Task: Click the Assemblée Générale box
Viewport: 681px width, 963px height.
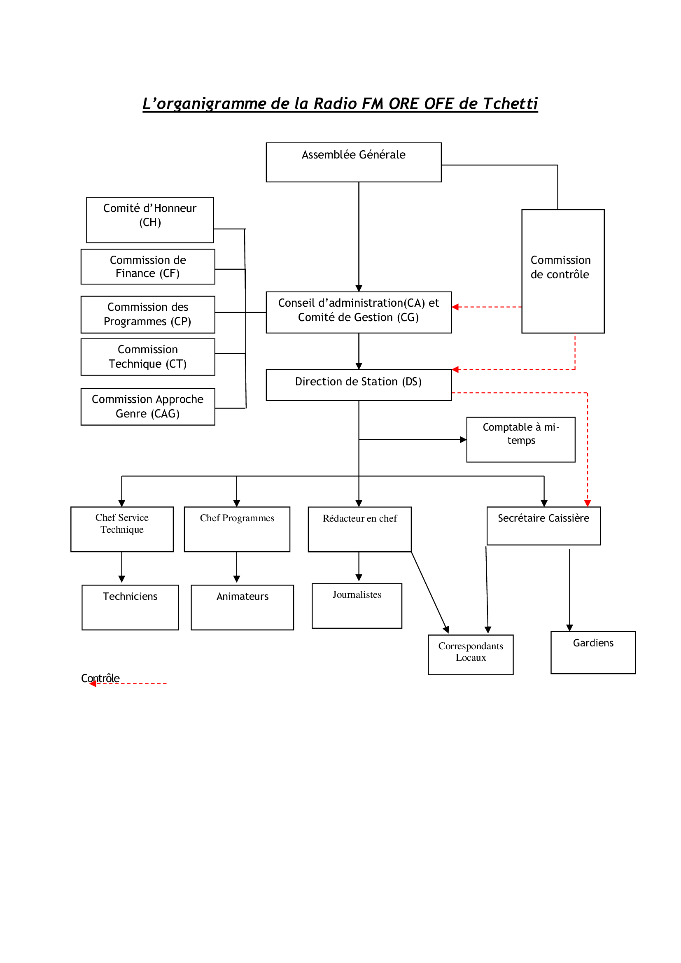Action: [354, 162]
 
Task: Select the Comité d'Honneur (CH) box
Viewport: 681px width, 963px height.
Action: [150, 220]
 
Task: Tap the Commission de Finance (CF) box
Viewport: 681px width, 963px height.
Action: [148, 267]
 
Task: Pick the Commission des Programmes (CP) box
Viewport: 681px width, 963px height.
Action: [148, 315]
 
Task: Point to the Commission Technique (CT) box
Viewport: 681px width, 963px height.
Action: [148, 357]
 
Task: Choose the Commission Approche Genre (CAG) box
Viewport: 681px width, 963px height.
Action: [148, 407]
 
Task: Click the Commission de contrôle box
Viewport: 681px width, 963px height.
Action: [563, 271]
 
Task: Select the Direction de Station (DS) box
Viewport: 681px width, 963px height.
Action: [359, 385]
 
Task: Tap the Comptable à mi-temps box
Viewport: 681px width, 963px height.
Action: [521, 440]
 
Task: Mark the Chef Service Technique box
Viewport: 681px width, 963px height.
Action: [122, 529]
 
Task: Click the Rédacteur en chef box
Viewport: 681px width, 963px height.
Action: [359, 529]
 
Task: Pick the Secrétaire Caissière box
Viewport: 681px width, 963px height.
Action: [543, 526]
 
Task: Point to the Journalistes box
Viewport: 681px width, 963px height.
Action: [357, 606]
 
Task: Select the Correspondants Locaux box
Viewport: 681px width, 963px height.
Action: [471, 655]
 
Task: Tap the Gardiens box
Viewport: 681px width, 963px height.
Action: [593, 653]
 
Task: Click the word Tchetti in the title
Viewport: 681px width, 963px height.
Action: [510, 104]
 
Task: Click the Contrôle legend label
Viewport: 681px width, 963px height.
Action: [100, 678]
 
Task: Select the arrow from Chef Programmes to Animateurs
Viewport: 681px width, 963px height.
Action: [236, 567]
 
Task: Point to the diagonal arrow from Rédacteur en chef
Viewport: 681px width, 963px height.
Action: [430, 592]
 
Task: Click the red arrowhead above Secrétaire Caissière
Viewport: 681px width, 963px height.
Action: [588, 503]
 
